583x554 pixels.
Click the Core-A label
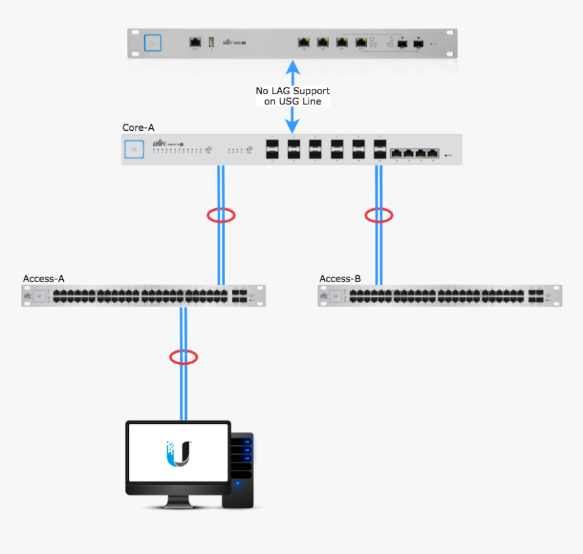138,127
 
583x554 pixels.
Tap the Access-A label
43,279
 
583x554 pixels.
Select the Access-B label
340,279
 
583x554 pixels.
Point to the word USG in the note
289,101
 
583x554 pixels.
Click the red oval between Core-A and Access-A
221,216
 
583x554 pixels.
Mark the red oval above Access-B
379,216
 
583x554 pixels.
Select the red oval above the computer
183,357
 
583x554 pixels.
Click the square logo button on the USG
154,43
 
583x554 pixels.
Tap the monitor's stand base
178,505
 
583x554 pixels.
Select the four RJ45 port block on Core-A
414,153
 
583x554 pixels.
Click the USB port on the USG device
212,43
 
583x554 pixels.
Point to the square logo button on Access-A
39,296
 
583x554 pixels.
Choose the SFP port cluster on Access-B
536,296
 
